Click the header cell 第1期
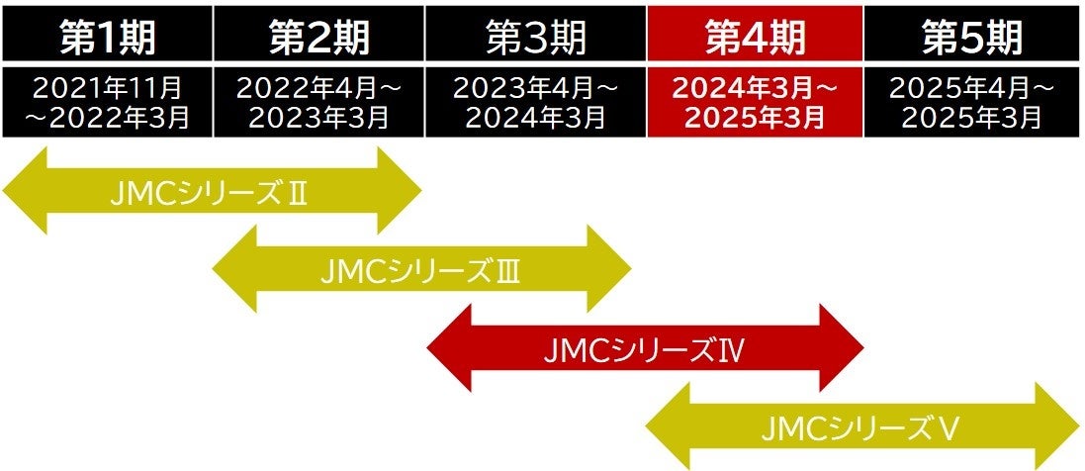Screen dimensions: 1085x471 point(107,36)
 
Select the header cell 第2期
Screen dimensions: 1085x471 point(319,36)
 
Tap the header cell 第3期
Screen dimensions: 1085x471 point(536,36)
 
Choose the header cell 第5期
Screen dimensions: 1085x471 point(972,36)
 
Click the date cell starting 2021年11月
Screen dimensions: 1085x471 point(107,102)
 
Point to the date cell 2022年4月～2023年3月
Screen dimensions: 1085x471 point(319,102)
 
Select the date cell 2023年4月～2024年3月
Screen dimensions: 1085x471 point(536,102)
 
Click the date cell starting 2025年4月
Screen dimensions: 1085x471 point(972,102)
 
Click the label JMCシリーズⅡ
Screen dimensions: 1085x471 point(210,192)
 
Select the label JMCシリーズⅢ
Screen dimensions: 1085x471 point(420,270)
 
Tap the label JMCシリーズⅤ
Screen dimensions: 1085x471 point(861,427)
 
